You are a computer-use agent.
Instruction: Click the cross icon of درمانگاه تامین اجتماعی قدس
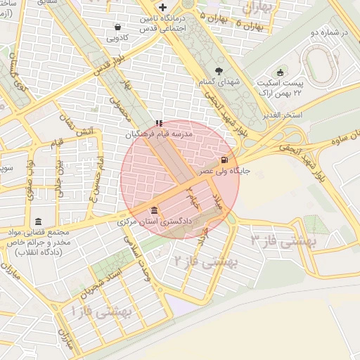click(163, 7)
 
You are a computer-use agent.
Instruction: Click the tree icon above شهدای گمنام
click(219, 70)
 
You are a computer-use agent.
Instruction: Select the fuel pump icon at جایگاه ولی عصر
click(224, 160)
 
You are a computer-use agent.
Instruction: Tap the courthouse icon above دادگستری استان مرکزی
click(154, 211)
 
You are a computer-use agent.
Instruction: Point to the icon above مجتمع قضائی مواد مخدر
click(37, 221)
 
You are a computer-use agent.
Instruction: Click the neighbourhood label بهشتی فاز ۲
click(205, 262)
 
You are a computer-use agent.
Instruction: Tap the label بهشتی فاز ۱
click(101, 309)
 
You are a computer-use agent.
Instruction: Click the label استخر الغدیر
click(282, 114)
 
